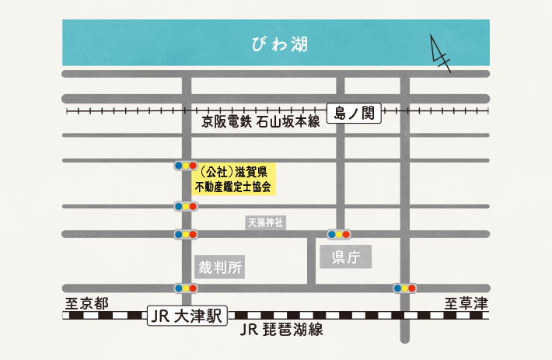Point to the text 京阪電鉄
tap(226, 122)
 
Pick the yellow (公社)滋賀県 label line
tap(233, 171)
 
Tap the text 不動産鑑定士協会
tap(233, 187)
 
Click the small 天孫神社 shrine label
tap(266, 223)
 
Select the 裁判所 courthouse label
tap(220, 268)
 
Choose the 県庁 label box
tap(346, 257)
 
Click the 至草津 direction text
tap(466, 303)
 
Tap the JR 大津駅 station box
tap(186, 316)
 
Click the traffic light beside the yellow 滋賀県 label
tap(185, 166)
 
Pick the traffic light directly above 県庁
tap(339, 233)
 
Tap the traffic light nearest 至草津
tap(405, 288)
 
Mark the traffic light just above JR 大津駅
tap(185, 288)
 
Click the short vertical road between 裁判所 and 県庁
tap(312, 259)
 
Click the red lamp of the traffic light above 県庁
tap(348, 233)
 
